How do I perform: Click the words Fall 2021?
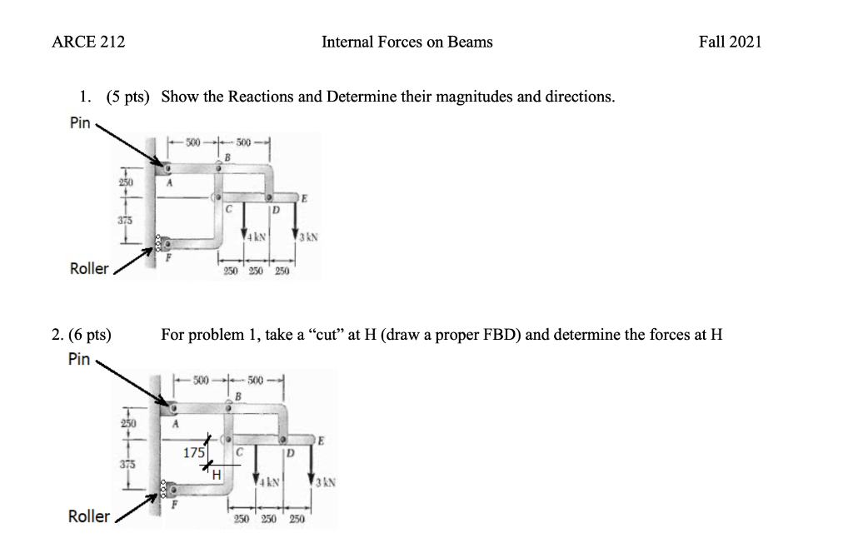point(730,42)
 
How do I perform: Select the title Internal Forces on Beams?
point(407,42)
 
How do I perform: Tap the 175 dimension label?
point(192,453)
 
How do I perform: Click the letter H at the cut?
point(215,475)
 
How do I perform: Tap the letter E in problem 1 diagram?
point(304,200)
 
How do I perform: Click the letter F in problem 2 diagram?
point(175,505)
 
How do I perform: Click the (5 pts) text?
point(128,97)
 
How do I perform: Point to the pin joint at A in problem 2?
point(172,410)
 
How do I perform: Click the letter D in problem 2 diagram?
point(289,453)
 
